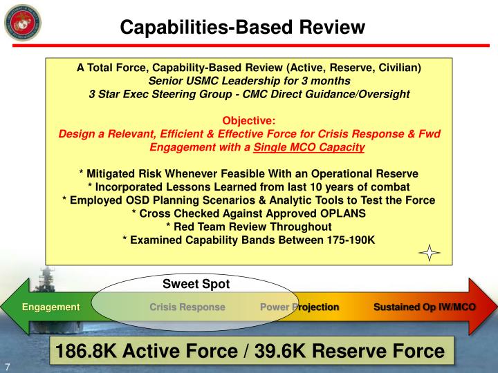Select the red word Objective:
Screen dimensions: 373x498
tap(249, 120)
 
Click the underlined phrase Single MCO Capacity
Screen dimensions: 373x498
tap(309, 146)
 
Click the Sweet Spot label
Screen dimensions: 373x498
tap(196, 283)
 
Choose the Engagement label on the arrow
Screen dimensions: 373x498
tap(50, 307)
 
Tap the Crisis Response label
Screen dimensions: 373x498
tap(187, 307)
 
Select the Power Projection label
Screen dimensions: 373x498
tap(299, 307)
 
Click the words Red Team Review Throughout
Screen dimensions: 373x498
tap(255, 226)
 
